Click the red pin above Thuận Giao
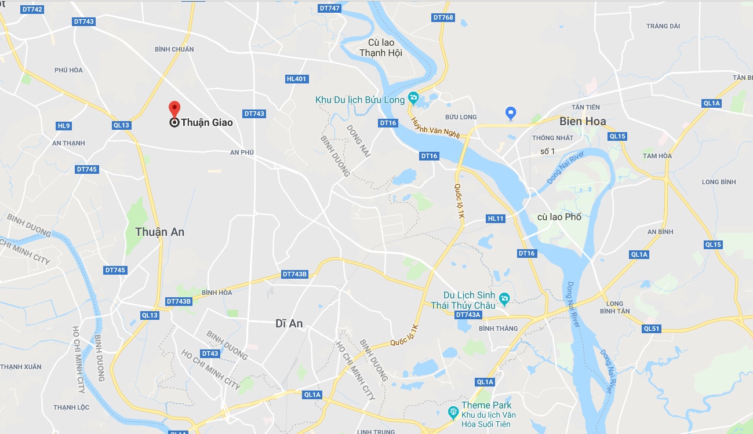(x=174, y=109)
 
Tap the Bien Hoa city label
(x=583, y=121)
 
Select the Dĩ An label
(x=289, y=323)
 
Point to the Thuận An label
(x=159, y=232)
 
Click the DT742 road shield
(x=32, y=10)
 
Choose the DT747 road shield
(x=329, y=8)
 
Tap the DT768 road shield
(x=443, y=18)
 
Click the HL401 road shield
(x=296, y=79)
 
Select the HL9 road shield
(x=64, y=126)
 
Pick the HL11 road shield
(x=496, y=218)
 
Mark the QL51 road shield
(x=652, y=329)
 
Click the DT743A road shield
(x=468, y=315)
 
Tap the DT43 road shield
(x=210, y=353)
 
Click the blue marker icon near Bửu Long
(x=511, y=112)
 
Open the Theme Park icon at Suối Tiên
(x=454, y=413)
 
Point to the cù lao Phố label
(x=559, y=217)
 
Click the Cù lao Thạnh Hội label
(x=381, y=48)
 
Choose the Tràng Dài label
(x=663, y=26)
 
